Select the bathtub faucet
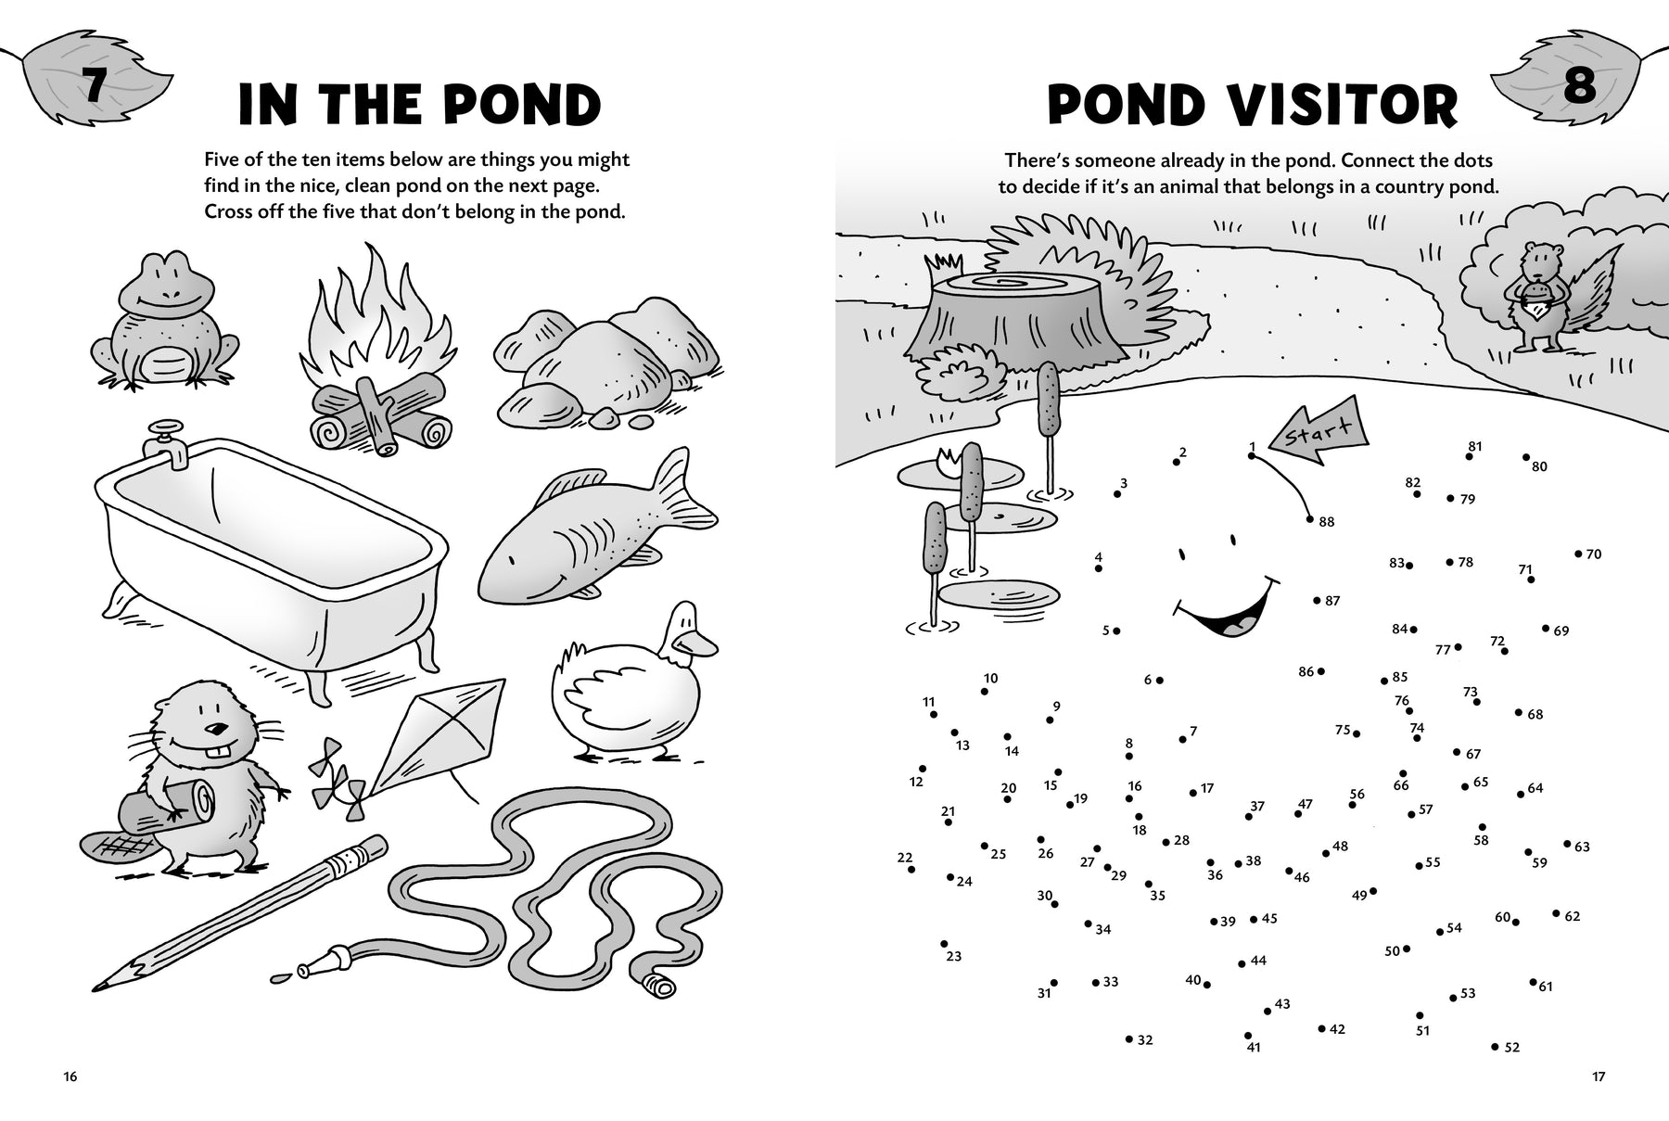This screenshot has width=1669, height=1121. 168,441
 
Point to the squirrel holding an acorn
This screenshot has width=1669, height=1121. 1558,297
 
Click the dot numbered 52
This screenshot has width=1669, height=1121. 1495,1047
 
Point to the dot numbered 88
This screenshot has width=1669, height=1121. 1310,519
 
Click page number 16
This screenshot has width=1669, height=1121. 70,1076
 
